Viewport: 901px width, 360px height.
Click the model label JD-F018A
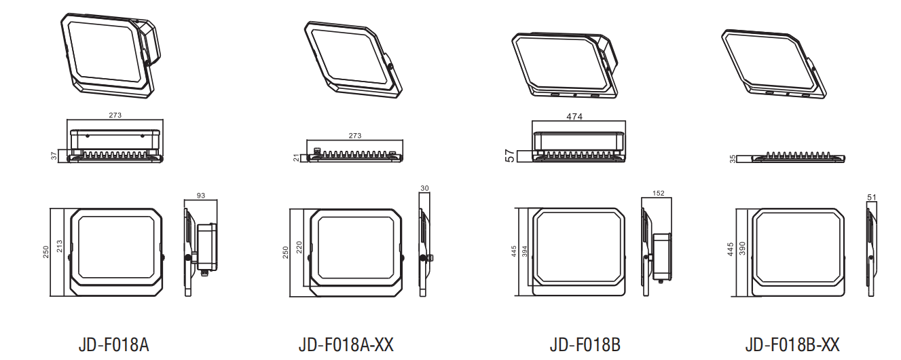[x=114, y=345]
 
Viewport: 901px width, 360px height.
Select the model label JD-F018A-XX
[x=346, y=345]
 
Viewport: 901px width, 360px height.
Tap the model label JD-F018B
[x=585, y=345]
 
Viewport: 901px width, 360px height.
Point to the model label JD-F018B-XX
[x=792, y=345]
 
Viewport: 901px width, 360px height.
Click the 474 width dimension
[x=574, y=116]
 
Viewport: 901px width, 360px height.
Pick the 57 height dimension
[x=510, y=156]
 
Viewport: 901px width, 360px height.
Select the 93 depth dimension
[x=201, y=196]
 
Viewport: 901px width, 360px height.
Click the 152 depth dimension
[x=659, y=193]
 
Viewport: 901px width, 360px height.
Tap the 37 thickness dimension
[x=54, y=156]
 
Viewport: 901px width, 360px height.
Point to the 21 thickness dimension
[x=297, y=158]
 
